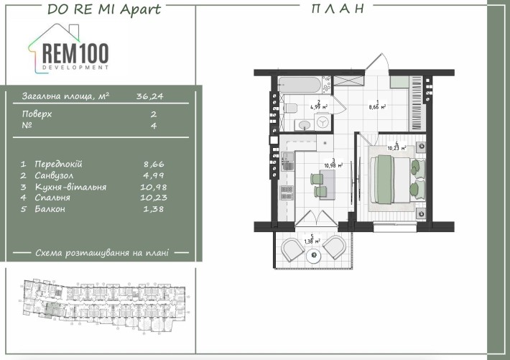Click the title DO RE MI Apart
click(x=103, y=9)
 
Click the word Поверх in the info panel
click(x=37, y=114)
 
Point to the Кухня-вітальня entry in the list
click(x=64, y=186)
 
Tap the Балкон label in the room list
click(x=49, y=208)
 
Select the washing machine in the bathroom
click(x=324, y=123)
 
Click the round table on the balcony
click(x=312, y=254)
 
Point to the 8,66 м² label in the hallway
click(x=378, y=106)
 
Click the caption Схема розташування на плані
click(x=102, y=253)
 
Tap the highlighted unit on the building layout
click(x=52, y=309)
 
